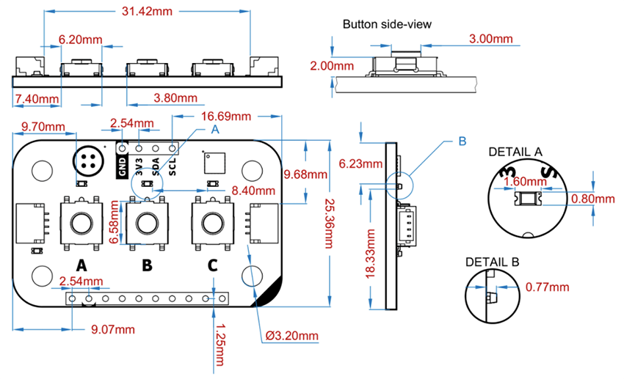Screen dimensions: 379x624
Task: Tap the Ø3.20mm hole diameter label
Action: tap(291, 336)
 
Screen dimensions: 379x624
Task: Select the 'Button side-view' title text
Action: tap(387, 24)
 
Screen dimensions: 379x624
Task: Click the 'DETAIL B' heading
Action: tap(492, 261)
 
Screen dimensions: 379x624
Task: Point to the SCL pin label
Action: tap(173, 163)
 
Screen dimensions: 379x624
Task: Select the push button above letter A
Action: tap(81, 221)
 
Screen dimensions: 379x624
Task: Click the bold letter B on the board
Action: tap(147, 265)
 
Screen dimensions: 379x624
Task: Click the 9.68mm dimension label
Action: tap(306, 174)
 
